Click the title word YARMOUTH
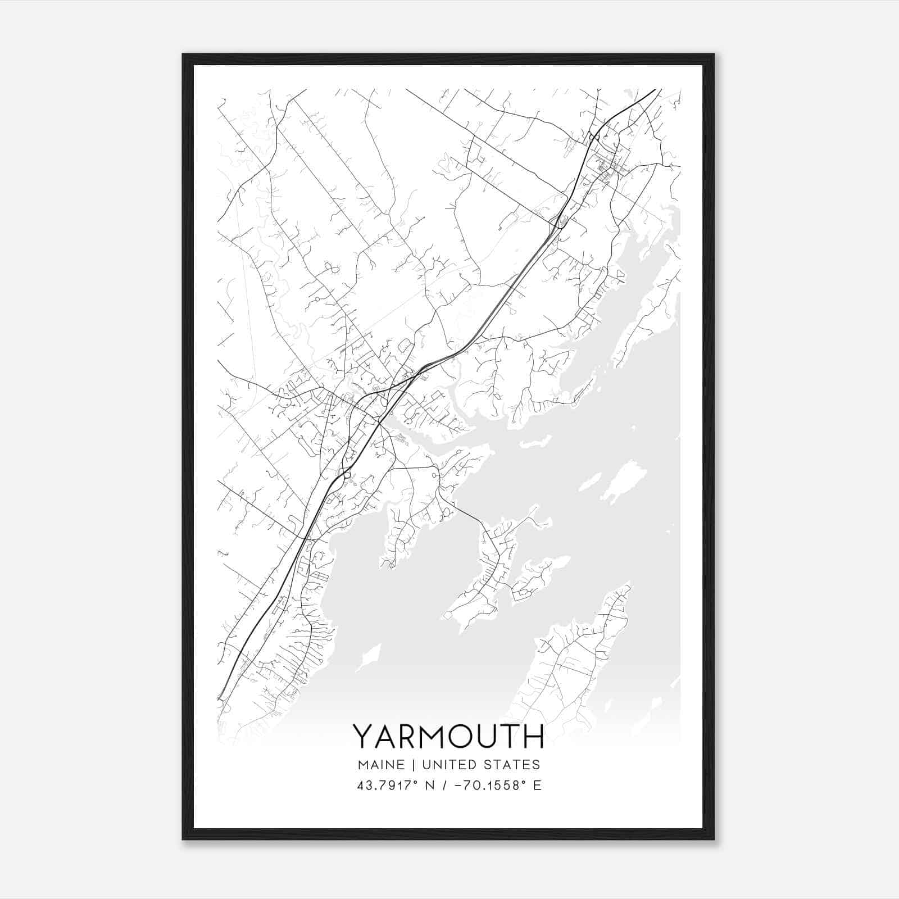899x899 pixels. point(448,737)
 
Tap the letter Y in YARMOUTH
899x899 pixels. point(362,737)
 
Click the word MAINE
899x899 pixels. point(380,765)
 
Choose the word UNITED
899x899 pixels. point(446,765)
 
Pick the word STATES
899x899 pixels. point(511,765)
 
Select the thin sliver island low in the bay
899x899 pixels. point(366,657)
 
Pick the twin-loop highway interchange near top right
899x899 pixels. point(594,137)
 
